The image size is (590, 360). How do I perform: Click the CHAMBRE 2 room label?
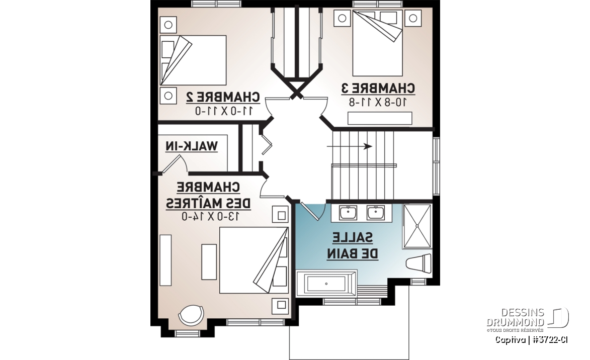click(223, 97)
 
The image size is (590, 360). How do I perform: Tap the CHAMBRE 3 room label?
click(378, 88)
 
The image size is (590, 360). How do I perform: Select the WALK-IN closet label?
click(192, 146)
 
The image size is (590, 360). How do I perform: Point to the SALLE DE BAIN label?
click(353, 246)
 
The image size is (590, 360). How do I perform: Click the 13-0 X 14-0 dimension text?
click(211, 216)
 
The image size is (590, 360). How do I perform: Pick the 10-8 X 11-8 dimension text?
click(378, 102)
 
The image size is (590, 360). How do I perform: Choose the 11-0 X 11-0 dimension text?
click(224, 111)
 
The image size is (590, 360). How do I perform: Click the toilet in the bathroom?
click(419, 263)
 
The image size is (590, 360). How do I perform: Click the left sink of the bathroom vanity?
click(348, 213)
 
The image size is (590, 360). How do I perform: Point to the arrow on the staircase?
click(350, 146)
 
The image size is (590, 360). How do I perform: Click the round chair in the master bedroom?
click(191, 315)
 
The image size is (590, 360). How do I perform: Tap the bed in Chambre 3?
click(377, 43)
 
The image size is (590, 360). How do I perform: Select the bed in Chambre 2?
click(193, 60)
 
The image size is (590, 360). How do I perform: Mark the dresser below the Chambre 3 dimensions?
click(380, 118)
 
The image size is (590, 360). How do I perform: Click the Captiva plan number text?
click(531, 340)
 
